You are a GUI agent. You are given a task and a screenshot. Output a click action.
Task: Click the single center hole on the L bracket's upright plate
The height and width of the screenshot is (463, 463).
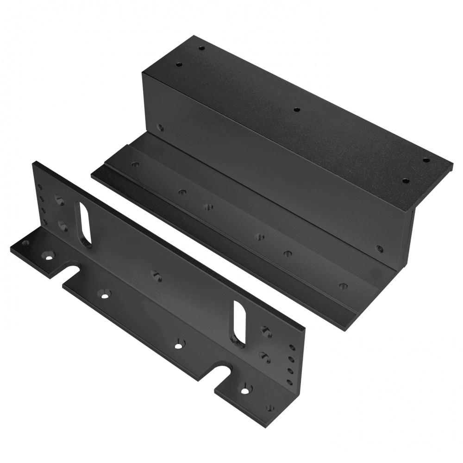pyautogui.click(x=155, y=274)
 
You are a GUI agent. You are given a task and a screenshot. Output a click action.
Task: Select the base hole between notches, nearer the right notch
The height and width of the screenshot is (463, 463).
pyautogui.click(x=178, y=345)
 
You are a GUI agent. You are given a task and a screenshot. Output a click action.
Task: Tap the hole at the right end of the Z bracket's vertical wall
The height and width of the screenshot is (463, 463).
pyautogui.click(x=380, y=248)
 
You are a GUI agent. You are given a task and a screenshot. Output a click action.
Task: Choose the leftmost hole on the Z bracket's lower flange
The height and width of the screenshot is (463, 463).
pyautogui.click(x=135, y=164)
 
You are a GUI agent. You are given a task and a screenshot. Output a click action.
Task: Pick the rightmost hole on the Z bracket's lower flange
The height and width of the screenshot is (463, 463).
pyautogui.click(x=342, y=284)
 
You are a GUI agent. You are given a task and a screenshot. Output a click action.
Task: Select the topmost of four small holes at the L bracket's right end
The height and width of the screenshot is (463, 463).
pyautogui.click(x=291, y=347)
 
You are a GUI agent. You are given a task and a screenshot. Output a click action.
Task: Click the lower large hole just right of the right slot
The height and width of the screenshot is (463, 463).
pyautogui.click(x=265, y=356)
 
